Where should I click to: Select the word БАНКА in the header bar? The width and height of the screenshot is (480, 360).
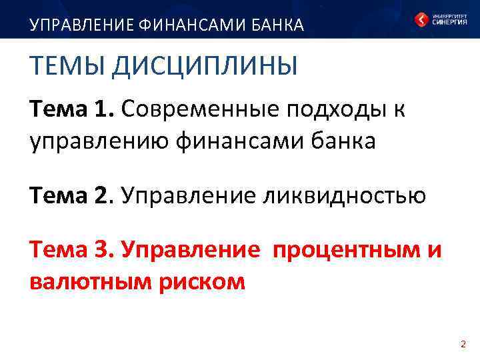click(277, 25)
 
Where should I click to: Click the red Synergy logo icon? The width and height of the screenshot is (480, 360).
click(421, 19)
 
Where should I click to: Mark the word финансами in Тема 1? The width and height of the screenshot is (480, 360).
click(233, 141)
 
